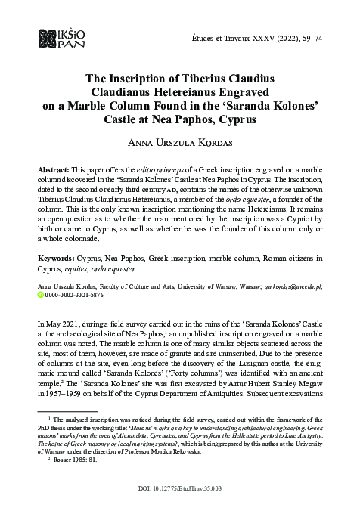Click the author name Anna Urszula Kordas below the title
[179, 144]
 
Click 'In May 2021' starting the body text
[61, 323]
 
